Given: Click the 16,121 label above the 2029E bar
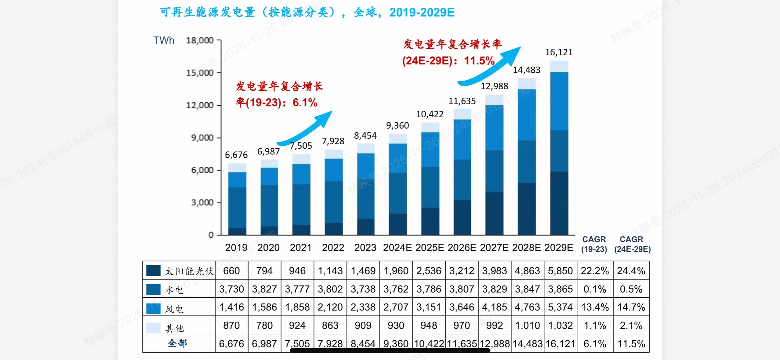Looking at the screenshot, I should point(559,52).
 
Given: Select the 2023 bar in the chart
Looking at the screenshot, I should point(366,190).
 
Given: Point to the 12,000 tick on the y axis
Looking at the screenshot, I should point(200,105).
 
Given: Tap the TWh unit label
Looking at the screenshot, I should point(164,40).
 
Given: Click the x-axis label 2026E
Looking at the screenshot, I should point(462,248).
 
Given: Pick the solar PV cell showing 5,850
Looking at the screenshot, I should point(560,271).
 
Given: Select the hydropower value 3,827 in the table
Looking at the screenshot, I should point(264,289).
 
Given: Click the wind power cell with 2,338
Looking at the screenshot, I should point(363,307).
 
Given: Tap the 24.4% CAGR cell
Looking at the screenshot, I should point(631,271).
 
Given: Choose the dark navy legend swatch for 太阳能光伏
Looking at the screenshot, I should point(153,270).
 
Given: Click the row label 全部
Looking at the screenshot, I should point(177,343).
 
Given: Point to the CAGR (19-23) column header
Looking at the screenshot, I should point(594,244).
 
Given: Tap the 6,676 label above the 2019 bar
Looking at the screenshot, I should point(236,155).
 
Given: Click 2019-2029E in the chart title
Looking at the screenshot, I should point(421,13).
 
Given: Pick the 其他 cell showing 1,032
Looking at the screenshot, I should point(560,325).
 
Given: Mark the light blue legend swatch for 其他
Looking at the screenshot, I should point(153,328).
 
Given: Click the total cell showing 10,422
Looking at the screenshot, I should point(429,344).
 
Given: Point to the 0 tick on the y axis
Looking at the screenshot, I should point(211,235).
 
